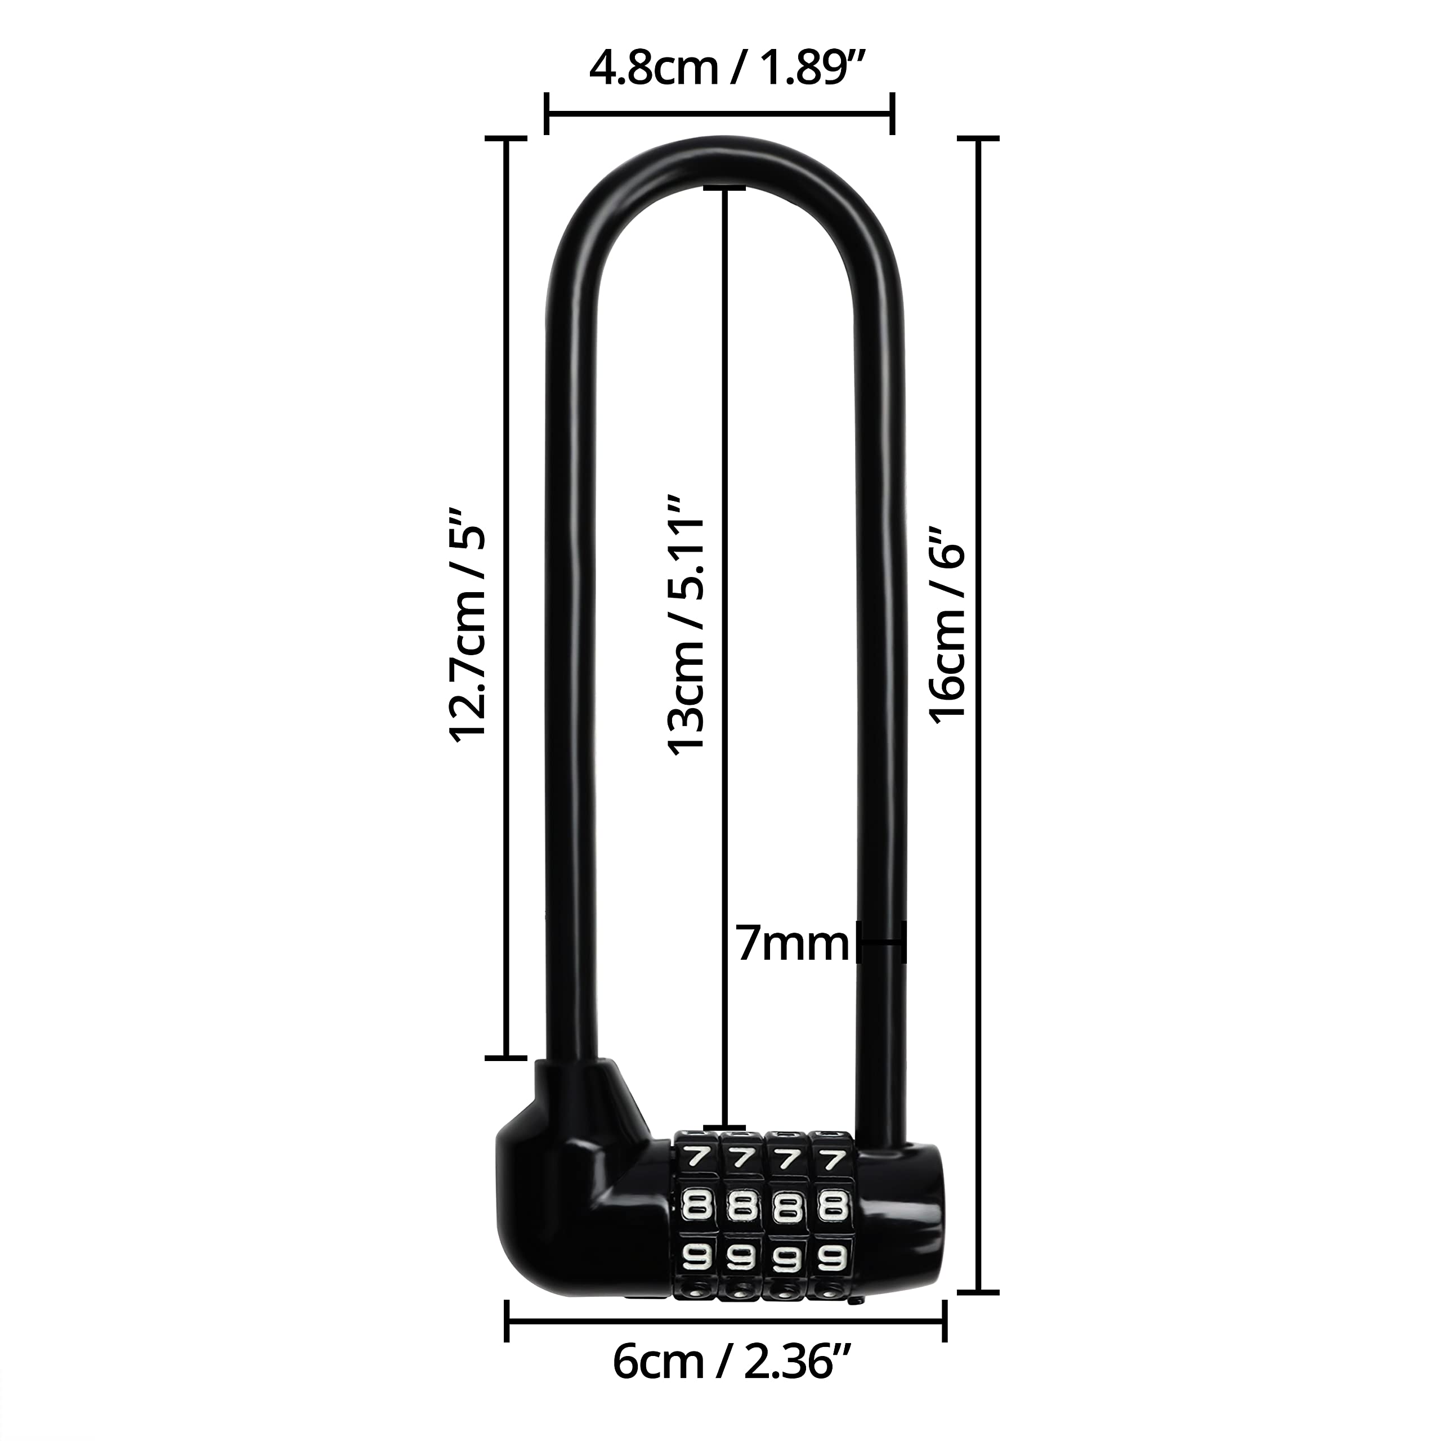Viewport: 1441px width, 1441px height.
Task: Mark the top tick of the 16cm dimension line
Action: coord(978,138)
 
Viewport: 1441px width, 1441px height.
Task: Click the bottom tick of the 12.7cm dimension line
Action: coord(507,1058)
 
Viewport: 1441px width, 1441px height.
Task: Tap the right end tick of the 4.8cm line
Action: coord(892,114)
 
